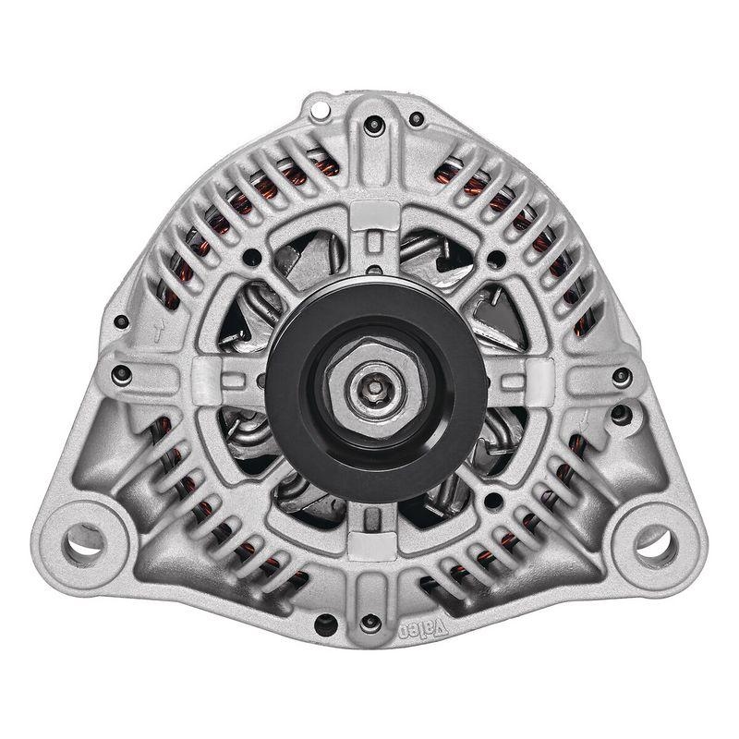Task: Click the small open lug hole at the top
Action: pos(320,111)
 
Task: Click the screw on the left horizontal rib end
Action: pos(118,374)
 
